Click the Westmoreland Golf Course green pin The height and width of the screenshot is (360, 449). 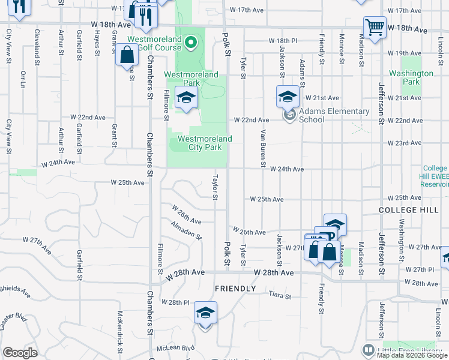pos(191,42)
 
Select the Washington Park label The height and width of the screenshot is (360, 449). pos(411,77)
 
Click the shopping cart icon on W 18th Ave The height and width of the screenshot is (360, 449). pos(375,26)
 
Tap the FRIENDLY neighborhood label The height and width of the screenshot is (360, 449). pos(236,289)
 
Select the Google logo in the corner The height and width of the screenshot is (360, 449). pos(20,353)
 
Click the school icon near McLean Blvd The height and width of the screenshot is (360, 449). pos(205,313)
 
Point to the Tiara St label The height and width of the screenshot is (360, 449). pos(280,296)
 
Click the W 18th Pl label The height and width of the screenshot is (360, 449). pos(286,41)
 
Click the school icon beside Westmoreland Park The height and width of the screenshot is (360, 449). pos(186,97)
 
